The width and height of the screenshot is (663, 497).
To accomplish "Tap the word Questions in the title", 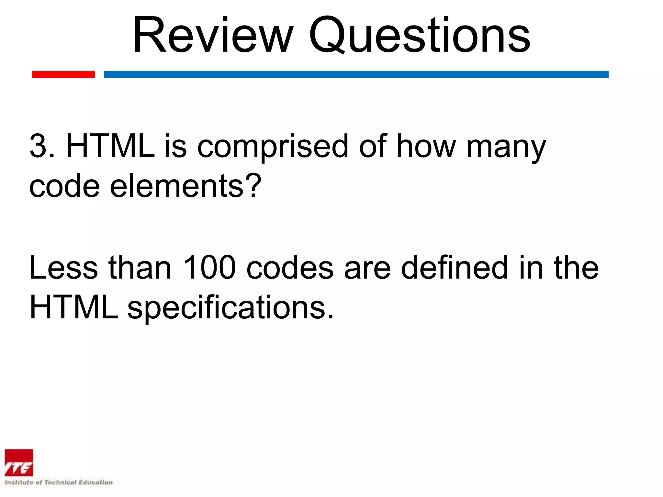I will click(x=420, y=35).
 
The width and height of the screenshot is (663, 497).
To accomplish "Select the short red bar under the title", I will click(x=63, y=74).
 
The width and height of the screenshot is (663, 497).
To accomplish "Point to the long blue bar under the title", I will click(x=356, y=74).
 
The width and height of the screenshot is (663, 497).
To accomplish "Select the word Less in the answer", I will click(x=63, y=268).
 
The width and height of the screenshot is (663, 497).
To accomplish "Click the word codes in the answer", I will click(x=290, y=268).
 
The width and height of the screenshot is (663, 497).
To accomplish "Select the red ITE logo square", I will click(x=19, y=463).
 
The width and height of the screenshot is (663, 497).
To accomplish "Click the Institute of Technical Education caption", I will click(x=59, y=482).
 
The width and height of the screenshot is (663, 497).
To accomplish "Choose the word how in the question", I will click(x=426, y=146).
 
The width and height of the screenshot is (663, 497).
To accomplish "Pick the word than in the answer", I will click(x=140, y=268).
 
